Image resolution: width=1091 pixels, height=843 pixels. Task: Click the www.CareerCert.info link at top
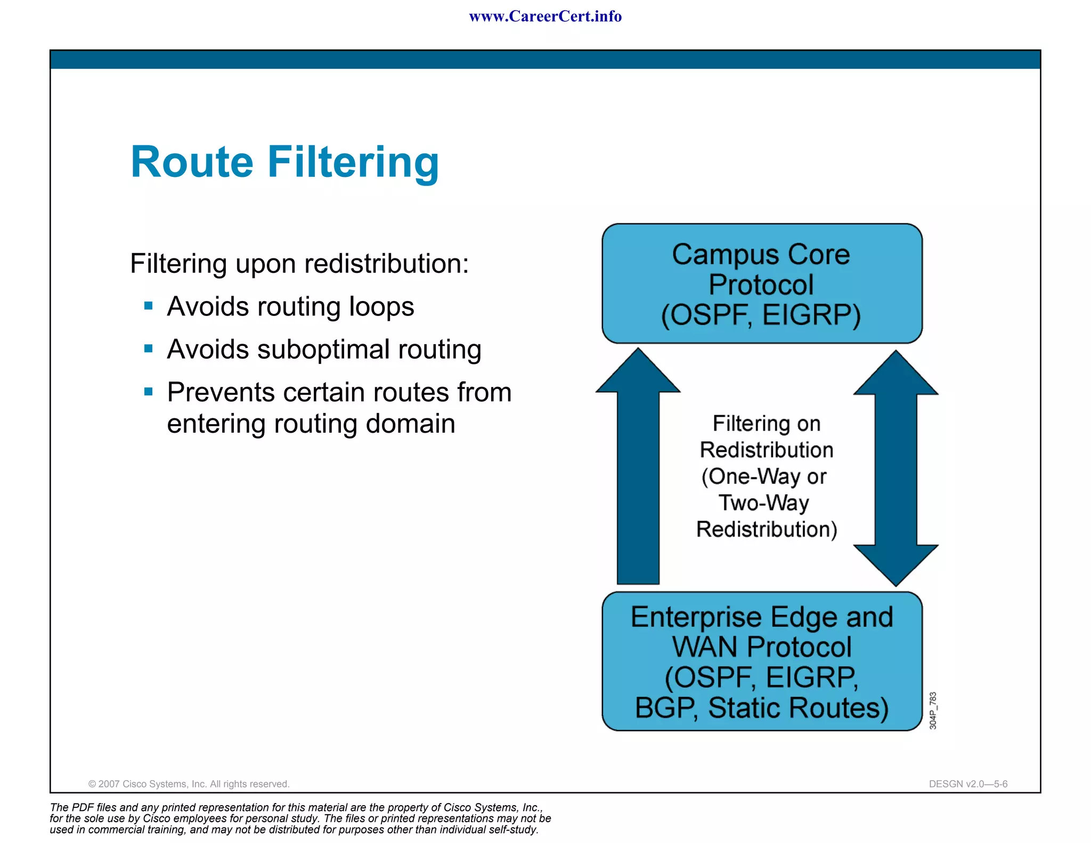point(545,17)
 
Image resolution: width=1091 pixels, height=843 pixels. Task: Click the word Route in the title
point(192,162)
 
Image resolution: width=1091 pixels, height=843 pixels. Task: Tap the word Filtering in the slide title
point(353,163)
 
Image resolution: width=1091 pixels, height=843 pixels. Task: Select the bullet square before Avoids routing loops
point(149,306)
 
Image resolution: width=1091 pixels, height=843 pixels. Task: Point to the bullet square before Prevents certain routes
point(149,392)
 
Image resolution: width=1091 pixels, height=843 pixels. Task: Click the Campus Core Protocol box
point(762,283)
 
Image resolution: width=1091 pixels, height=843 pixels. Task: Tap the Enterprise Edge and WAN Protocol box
point(762,661)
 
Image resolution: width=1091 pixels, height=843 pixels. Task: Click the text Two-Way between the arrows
point(763,503)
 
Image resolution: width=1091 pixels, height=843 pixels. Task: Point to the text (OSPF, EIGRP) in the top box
point(761,315)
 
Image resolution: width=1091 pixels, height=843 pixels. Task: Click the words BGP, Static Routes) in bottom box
point(762,708)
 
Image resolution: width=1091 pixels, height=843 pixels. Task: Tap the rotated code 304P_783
point(933,710)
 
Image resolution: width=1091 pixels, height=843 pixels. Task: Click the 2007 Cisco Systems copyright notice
point(189,784)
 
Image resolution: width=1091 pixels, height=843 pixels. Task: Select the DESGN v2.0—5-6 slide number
point(968,784)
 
